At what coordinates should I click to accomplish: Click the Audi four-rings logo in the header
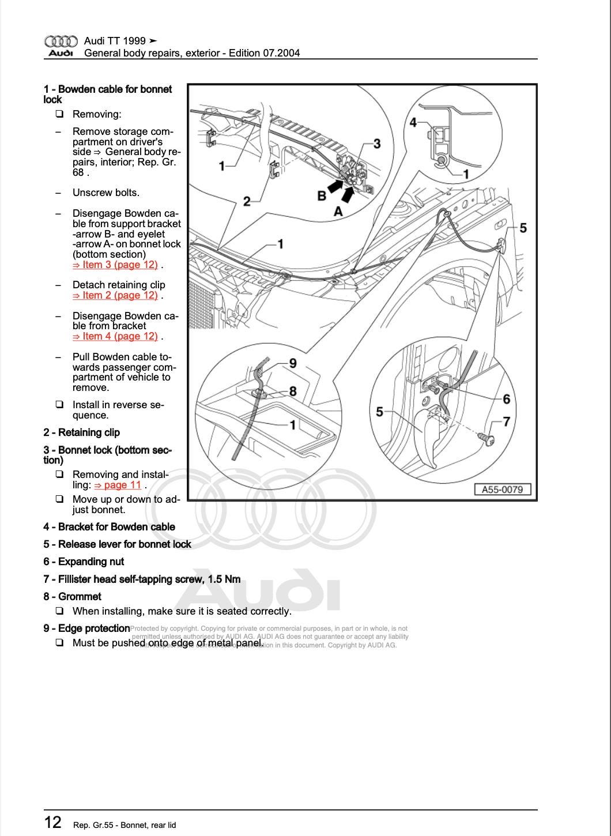(61, 42)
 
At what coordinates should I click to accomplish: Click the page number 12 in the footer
(52, 822)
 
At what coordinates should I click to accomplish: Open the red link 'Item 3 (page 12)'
(115, 265)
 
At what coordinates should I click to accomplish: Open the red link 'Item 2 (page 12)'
(115, 295)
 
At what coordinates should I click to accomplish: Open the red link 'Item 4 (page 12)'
(115, 336)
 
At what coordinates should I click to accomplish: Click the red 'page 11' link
(118, 485)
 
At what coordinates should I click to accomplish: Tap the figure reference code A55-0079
(502, 489)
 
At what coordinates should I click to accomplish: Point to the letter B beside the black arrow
(322, 195)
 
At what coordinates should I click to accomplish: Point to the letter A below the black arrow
(338, 212)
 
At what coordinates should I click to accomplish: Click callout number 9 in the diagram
(293, 363)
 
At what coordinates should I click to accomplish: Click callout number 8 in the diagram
(293, 391)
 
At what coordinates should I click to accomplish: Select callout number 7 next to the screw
(506, 422)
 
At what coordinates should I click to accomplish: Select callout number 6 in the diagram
(506, 399)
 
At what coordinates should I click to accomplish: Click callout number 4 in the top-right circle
(413, 122)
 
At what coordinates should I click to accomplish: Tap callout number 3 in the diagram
(377, 144)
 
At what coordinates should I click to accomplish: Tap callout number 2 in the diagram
(247, 201)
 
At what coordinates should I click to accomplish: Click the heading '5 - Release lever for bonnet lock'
(117, 544)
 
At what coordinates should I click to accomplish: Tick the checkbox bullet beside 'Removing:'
(59, 114)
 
